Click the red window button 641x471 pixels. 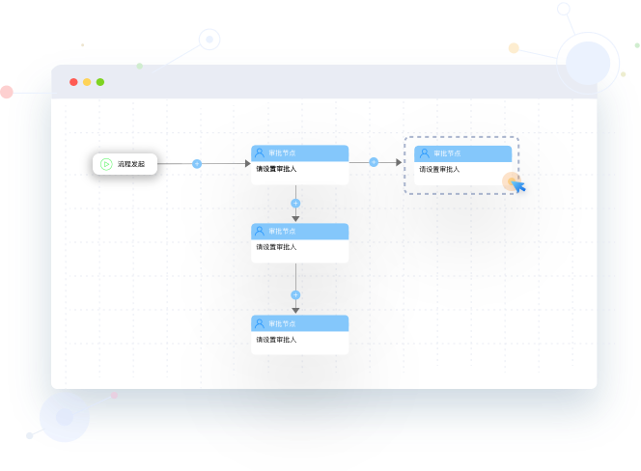click(73, 82)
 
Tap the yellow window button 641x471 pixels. click(87, 82)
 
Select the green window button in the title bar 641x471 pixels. click(100, 82)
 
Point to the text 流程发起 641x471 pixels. click(131, 164)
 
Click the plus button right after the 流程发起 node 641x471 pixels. click(197, 164)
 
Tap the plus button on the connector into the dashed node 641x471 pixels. click(374, 162)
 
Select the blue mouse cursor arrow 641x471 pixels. click(518, 186)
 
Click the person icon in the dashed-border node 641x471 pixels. click(424, 153)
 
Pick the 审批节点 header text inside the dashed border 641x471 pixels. click(447, 153)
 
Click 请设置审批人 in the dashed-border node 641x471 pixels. click(439, 170)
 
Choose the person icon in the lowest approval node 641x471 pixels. click(259, 323)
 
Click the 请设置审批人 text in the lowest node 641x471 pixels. click(276, 340)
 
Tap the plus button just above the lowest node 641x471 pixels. click(295, 295)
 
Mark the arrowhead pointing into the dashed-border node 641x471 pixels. click(397, 162)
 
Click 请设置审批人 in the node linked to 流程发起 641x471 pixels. click(276, 170)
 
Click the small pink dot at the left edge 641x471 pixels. click(7, 92)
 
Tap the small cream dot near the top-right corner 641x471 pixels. click(514, 47)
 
